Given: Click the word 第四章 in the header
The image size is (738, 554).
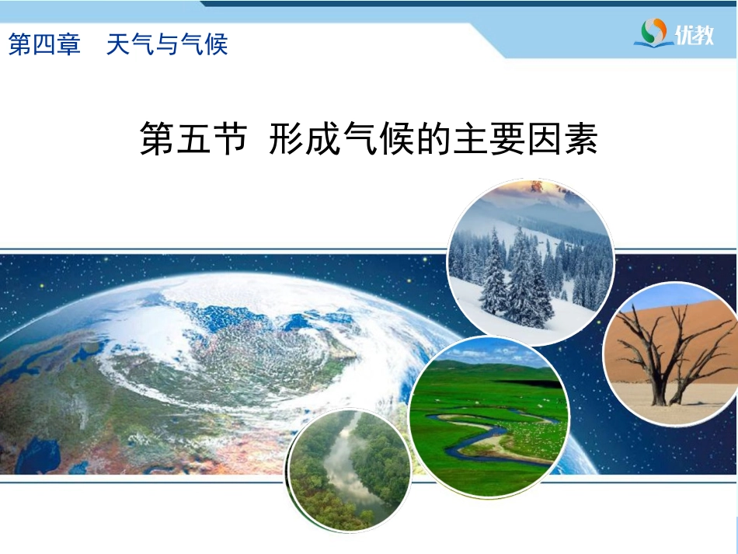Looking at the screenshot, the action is point(45,45).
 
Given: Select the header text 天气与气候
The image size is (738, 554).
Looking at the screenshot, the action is point(167,45).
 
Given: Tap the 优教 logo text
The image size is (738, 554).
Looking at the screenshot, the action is point(694,34).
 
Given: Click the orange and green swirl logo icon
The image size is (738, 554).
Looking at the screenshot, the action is point(654,32).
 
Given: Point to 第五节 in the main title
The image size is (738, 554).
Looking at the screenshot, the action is point(193,139).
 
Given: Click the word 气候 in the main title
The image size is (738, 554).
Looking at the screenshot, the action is point(380,139).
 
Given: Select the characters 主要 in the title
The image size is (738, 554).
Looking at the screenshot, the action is point(488,139).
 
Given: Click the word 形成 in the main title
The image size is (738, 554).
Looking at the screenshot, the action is point(305,139).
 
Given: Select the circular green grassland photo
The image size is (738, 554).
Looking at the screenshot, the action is point(489,417).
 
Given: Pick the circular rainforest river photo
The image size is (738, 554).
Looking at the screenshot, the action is point(348,471).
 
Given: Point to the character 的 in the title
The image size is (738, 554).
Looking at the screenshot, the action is point(434,139).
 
